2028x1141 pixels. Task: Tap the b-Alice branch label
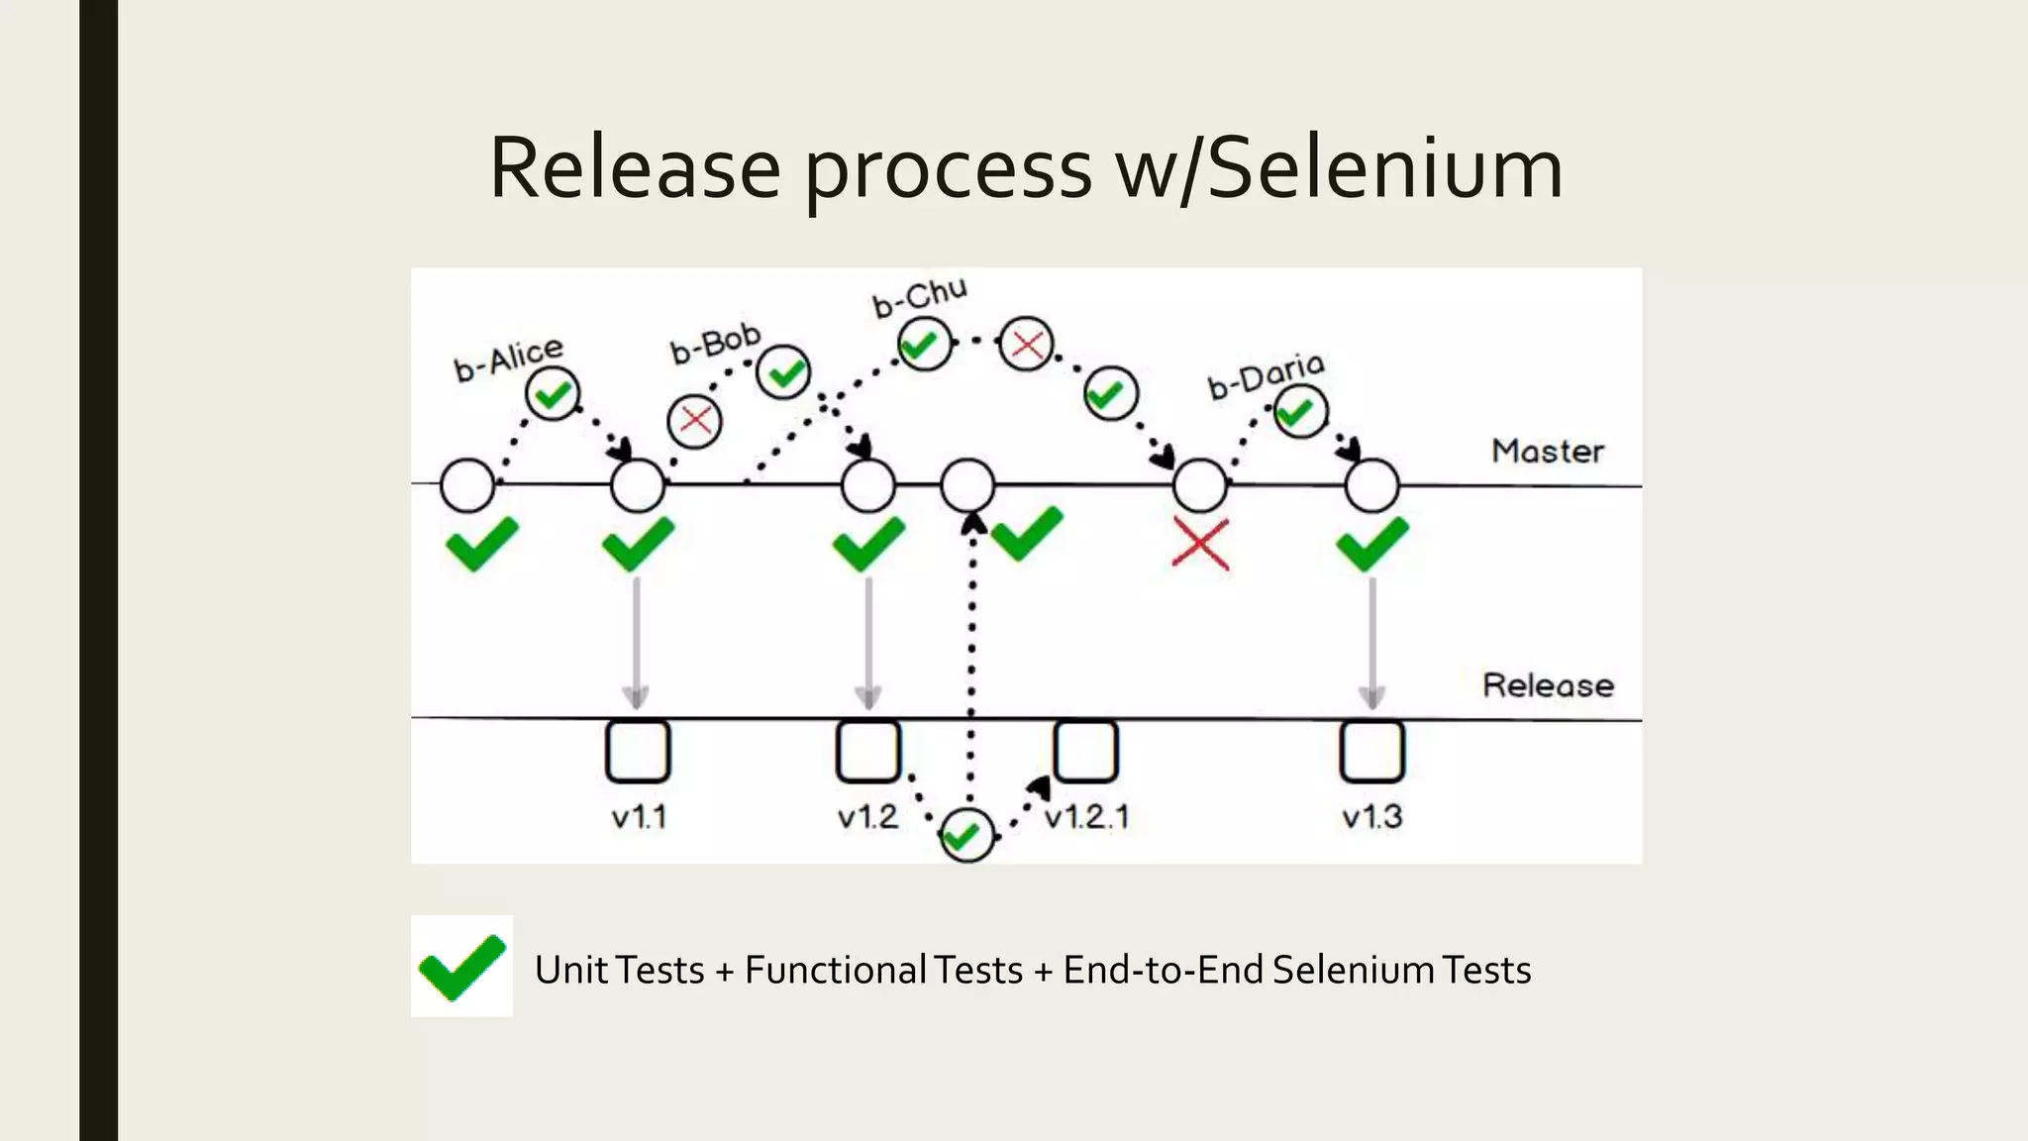point(508,359)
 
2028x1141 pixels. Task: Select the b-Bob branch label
point(715,343)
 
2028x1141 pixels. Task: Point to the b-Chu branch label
point(919,296)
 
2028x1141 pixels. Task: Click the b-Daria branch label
point(1266,376)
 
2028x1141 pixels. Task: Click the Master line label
point(1547,452)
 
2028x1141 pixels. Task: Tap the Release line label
point(1547,685)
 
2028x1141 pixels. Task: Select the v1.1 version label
point(639,817)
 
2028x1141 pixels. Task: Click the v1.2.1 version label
point(1086,817)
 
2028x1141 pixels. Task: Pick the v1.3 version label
point(1371,817)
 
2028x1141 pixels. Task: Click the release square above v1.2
point(868,752)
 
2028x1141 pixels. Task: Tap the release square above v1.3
point(1371,752)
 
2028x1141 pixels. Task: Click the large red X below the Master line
point(1200,544)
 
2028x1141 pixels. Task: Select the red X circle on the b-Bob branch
point(695,421)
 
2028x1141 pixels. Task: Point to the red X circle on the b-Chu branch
point(1026,345)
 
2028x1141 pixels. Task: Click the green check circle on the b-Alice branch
point(553,394)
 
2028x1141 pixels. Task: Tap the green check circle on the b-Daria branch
point(1299,411)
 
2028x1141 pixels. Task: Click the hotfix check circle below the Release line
point(966,836)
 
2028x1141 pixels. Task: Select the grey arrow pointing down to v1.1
point(637,644)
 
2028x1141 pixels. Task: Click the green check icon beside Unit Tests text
point(461,967)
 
